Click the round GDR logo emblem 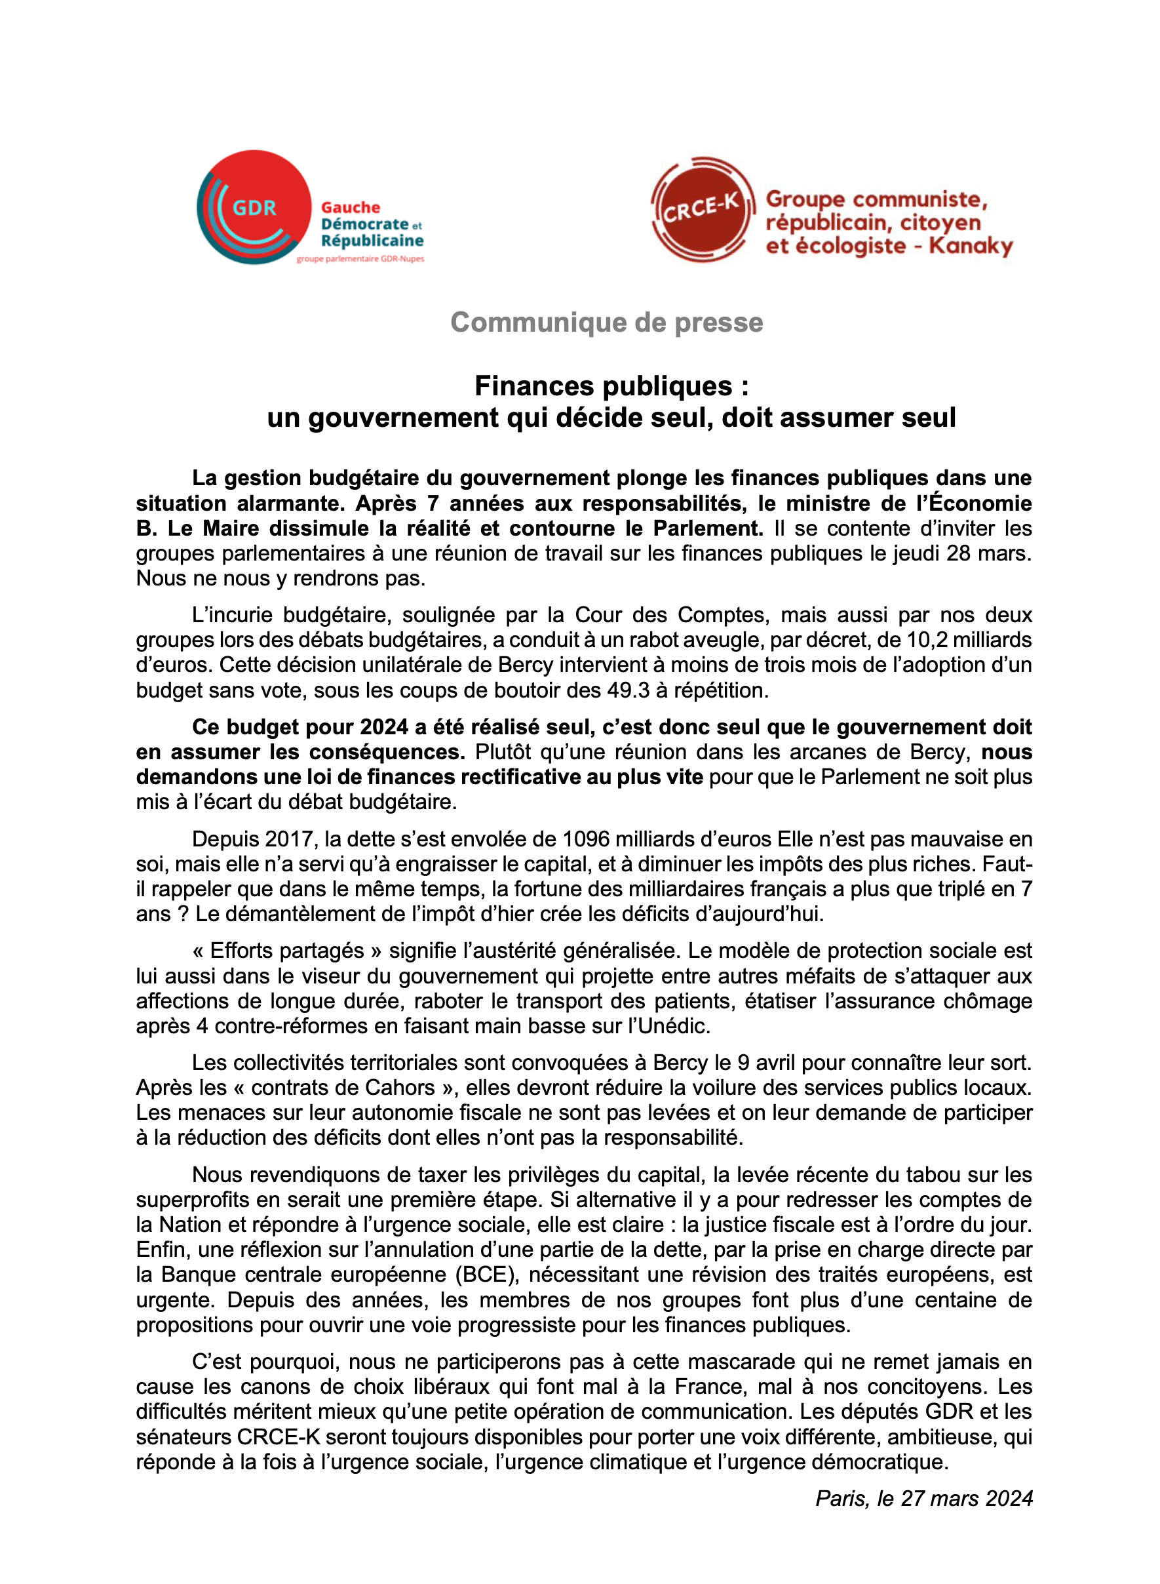254,207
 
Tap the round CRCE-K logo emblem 701,208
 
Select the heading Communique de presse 606,323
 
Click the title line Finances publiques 611,386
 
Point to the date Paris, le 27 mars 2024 923,1498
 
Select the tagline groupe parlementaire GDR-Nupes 360,259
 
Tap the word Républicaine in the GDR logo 372,240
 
